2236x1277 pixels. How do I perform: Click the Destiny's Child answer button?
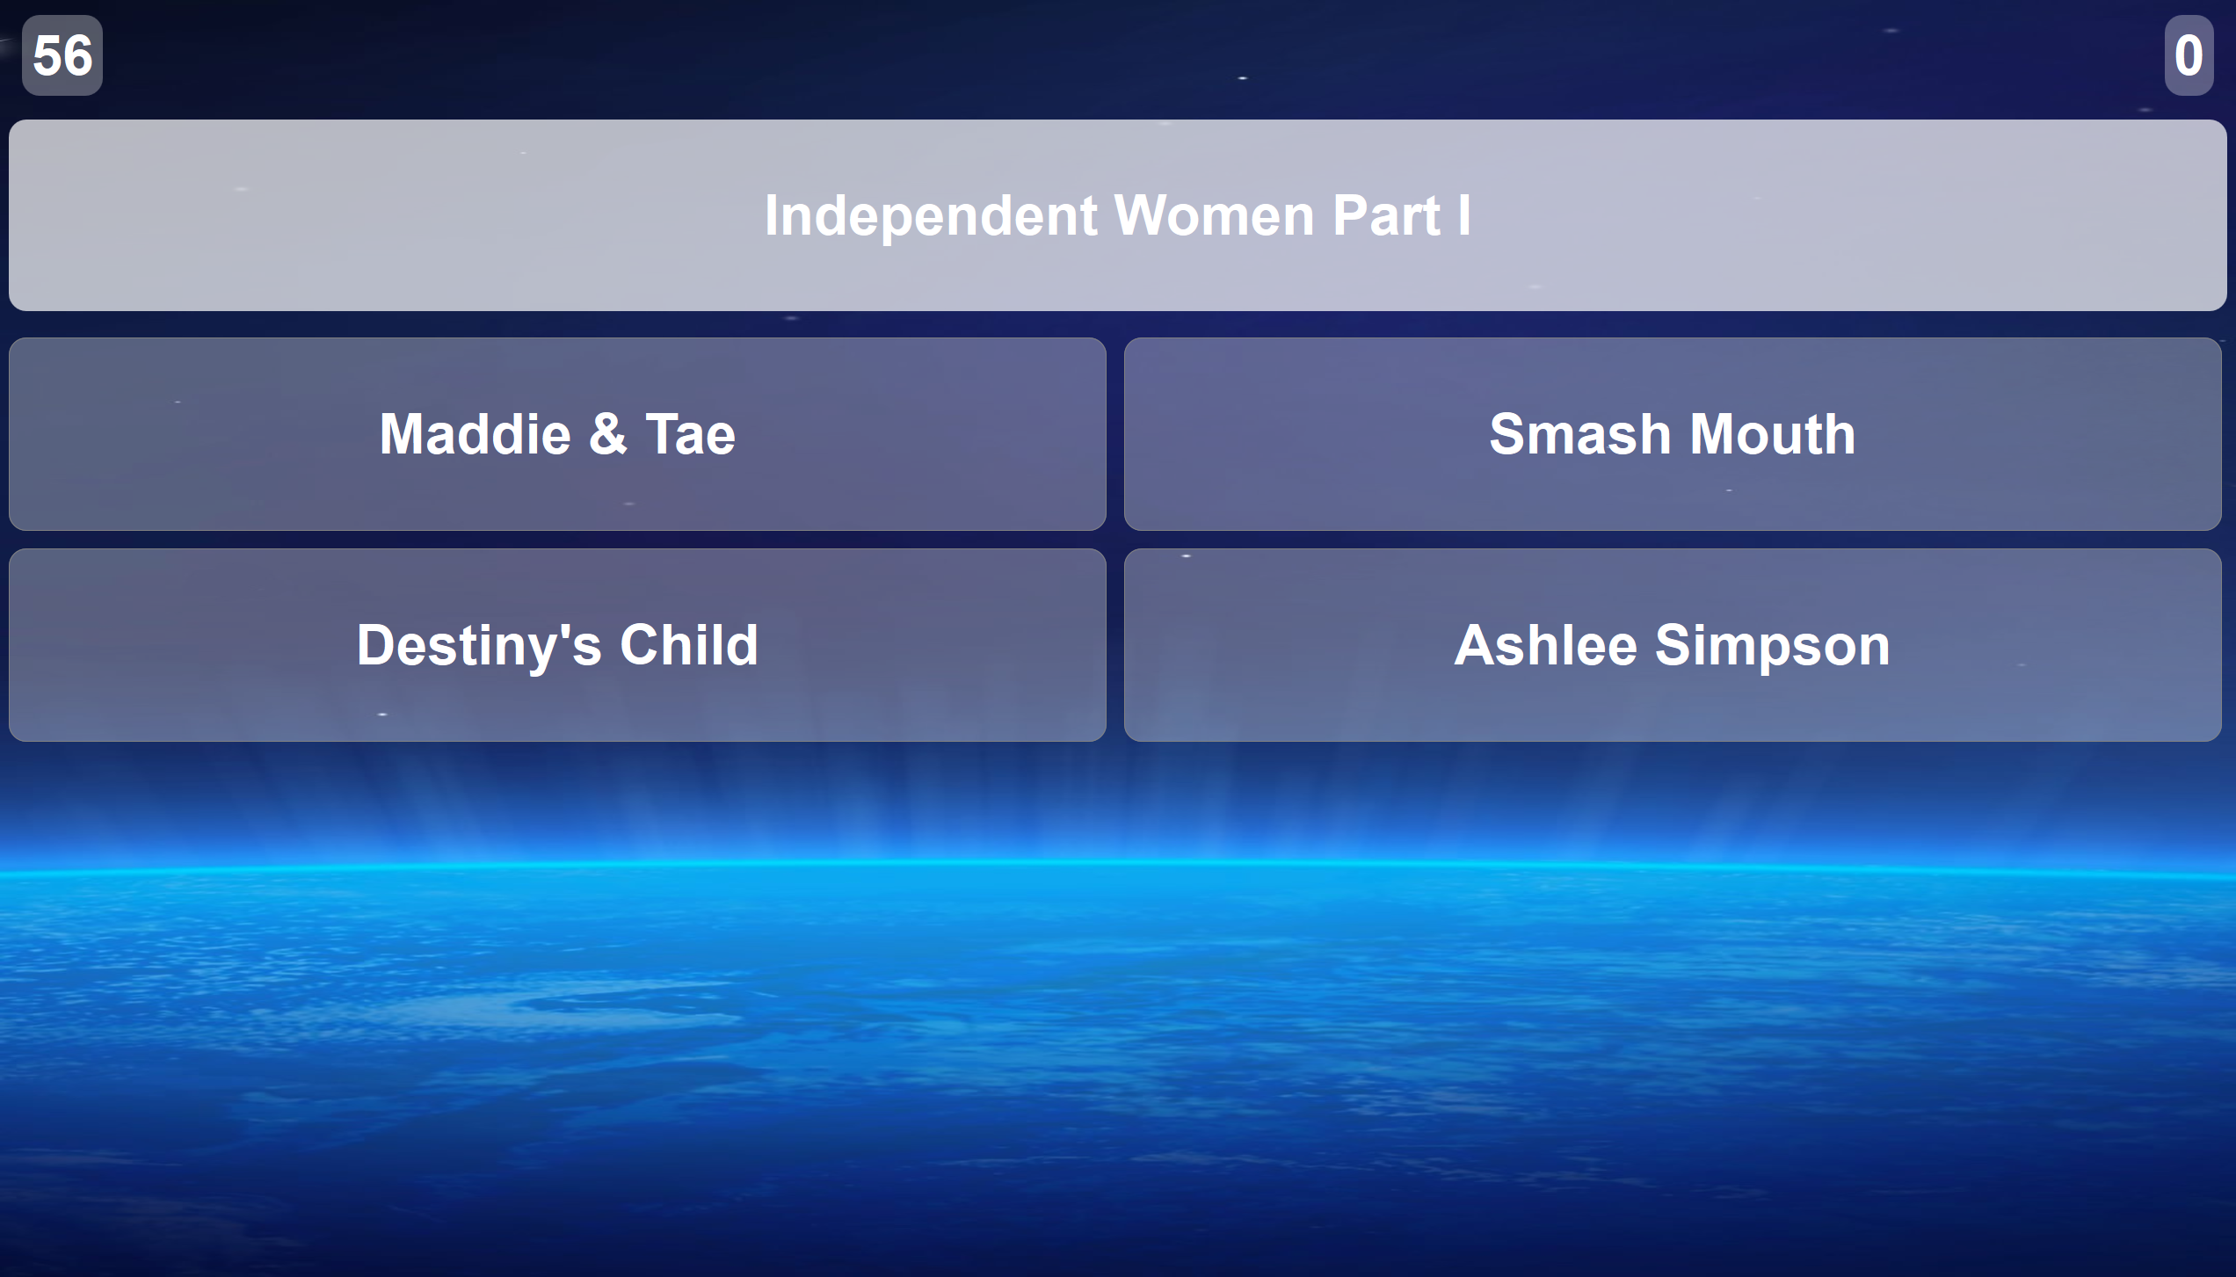point(557,645)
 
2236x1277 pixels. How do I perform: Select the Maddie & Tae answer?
point(557,434)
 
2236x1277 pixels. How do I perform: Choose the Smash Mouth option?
point(1673,434)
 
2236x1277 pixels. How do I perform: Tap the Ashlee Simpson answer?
point(1673,645)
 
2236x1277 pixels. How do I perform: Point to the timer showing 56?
point(62,55)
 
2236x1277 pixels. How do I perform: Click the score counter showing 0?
point(2189,55)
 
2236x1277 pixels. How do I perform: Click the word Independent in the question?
point(931,217)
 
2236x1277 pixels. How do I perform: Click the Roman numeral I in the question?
point(1464,215)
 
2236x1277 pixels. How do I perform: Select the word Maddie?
point(476,434)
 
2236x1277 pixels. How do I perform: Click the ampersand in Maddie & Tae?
point(608,434)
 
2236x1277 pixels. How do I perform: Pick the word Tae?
point(690,434)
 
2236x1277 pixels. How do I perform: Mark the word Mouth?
point(1772,434)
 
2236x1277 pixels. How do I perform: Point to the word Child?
point(688,645)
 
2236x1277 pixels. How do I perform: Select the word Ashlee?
point(1546,645)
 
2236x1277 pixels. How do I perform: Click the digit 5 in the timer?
point(47,55)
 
